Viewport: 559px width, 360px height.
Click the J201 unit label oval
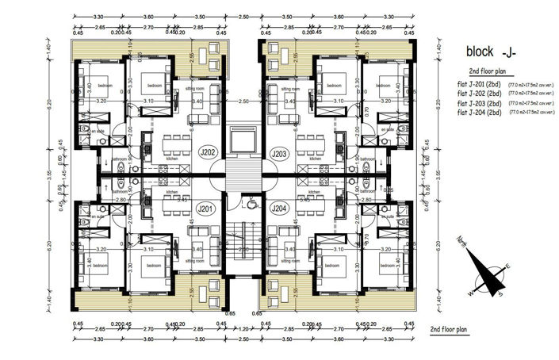pos(207,209)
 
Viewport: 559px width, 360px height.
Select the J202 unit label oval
pos(207,152)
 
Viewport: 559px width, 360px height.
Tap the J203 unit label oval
pos(279,152)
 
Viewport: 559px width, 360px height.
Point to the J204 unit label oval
pos(279,209)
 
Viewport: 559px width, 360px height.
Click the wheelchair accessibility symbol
pos(251,204)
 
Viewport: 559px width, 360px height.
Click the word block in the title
pos(481,52)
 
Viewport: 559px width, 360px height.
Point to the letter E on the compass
pos(508,266)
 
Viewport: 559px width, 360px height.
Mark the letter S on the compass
pos(501,295)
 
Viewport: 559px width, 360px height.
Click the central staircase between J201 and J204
pos(243,246)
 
